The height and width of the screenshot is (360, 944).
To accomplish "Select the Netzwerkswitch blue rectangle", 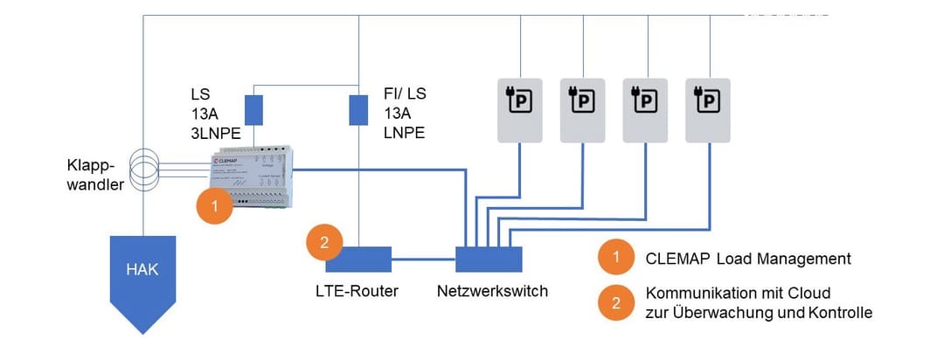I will tap(489, 260).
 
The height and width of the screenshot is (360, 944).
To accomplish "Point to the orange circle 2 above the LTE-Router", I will tap(323, 244).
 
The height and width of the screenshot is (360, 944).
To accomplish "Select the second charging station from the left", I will tap(584, 108).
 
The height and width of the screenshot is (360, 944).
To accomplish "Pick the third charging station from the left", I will tap(646, 108).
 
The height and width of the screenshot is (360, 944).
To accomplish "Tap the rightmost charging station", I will tap(709, 108).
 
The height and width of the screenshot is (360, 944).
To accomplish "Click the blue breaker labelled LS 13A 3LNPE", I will tap(253, 110).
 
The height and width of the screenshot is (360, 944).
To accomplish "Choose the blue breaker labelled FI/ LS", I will tap(358, 110).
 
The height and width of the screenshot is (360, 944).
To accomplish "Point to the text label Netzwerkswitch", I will tap(492, 291).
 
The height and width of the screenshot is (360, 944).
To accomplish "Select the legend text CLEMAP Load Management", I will tap(748, 259).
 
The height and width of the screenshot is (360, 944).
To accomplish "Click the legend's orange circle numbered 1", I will tap(616, 259).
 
